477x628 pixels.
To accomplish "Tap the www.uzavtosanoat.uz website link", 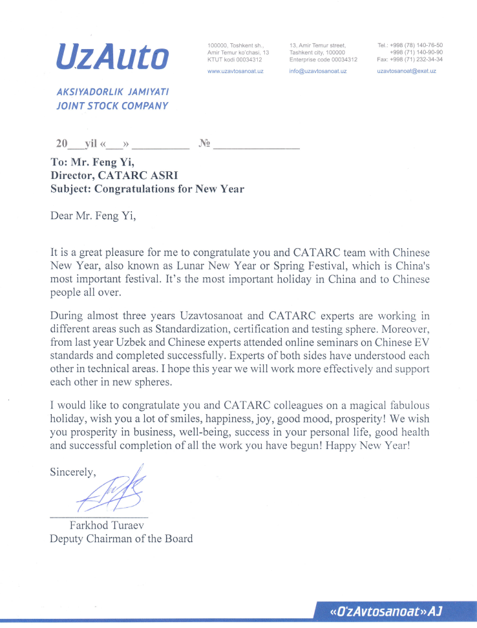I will (235, 71).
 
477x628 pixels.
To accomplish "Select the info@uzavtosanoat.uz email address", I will (318, 71).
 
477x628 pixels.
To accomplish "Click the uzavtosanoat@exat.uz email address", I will (407, 71).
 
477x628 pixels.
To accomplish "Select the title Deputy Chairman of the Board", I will (121, 538).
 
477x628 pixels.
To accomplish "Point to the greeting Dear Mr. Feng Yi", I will (93, 216).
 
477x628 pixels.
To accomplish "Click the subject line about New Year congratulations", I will (147, 189).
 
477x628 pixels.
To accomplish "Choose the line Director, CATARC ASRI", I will (114, 176).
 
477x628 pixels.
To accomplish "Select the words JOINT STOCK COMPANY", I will (112, 106).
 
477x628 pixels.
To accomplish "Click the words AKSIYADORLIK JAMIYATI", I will (112, 92).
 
